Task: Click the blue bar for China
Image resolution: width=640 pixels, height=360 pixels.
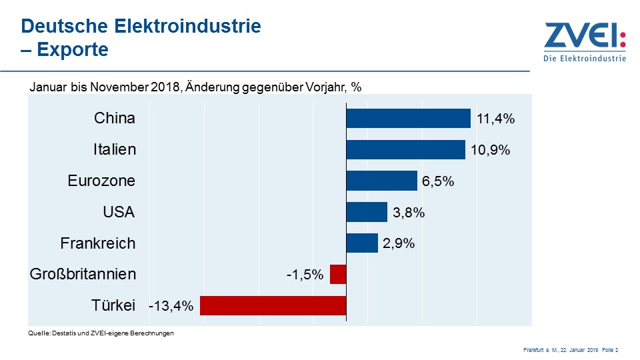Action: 408,118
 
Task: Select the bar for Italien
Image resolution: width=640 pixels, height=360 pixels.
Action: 405,149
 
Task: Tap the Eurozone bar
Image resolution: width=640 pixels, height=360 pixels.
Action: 381,181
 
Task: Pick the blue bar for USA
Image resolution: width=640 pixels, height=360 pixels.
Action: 367,212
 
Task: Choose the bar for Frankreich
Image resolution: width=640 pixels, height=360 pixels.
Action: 362,243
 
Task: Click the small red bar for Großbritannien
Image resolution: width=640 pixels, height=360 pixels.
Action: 338,274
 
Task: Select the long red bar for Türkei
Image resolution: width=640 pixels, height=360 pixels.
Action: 273,305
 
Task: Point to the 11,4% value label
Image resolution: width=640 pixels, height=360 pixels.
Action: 496,119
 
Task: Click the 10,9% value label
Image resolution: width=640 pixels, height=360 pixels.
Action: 490,150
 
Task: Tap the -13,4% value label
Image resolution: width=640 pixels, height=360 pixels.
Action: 171,306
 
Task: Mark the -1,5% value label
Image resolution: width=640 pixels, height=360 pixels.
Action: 305,275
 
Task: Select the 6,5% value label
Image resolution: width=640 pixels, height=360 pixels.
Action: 438,181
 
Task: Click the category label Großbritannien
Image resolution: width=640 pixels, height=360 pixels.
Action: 83,274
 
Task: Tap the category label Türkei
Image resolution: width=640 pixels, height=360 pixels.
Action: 113,305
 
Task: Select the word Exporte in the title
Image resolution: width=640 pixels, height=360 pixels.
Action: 73,49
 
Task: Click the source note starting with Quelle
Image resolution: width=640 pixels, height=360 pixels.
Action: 101,333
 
